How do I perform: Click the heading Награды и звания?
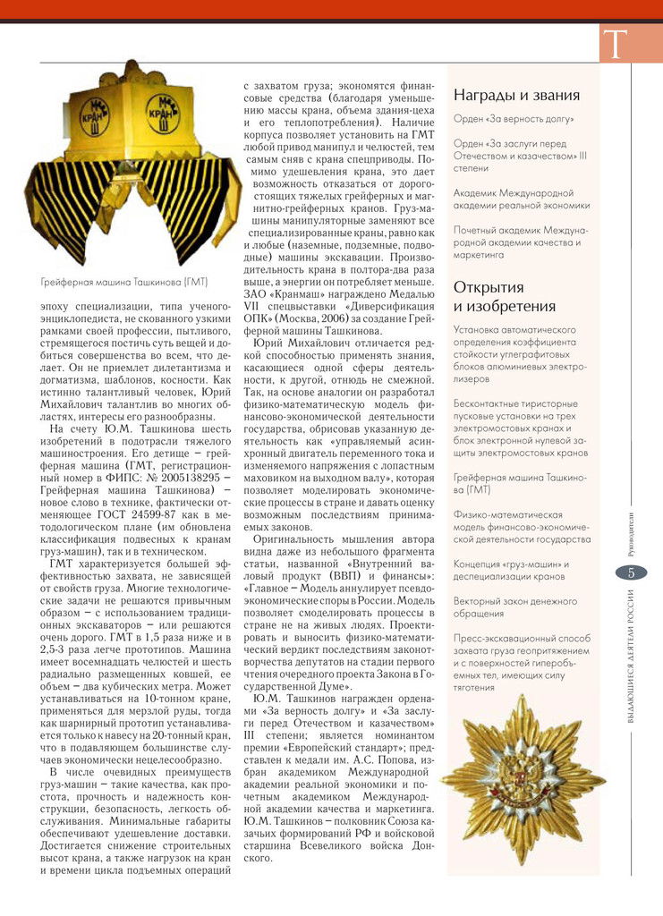tap(516, 95)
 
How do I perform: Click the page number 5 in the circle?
tap(631, 574)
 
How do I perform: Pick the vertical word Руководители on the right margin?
tap(631, 529)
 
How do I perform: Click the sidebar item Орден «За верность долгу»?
tap(514, 118)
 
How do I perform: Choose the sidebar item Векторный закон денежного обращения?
tap(514, 607)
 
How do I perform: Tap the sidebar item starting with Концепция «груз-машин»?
tap(511, 570)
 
